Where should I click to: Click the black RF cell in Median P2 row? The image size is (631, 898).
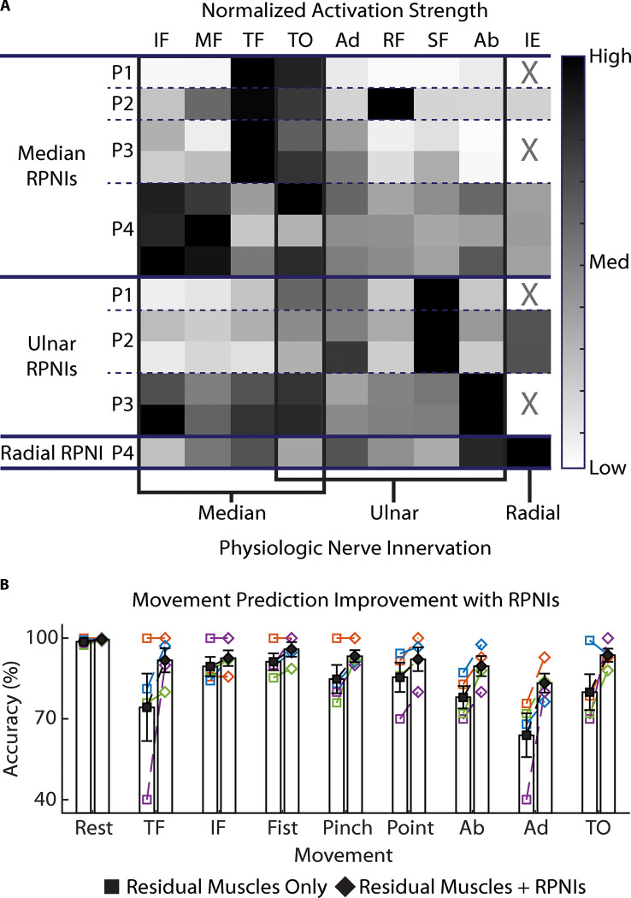click(x=392, y=104)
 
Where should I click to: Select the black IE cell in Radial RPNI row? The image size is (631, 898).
click(x=530, y=452)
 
